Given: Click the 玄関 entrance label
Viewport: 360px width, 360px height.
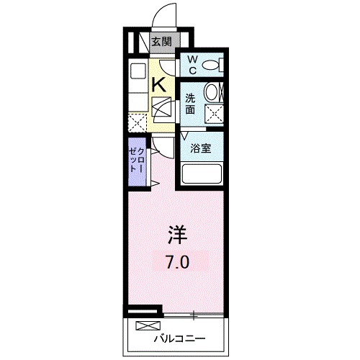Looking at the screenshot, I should [x=161, y=41].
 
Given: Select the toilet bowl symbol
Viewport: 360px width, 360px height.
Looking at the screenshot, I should [x=211, y=66].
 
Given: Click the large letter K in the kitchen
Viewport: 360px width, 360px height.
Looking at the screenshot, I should [x=161, y=85].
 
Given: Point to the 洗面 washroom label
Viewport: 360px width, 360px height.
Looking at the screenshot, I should [x=189, y=104].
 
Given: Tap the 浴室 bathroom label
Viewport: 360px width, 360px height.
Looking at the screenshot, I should [x=200, y=149].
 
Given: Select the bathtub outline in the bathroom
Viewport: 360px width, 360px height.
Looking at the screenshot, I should [x=202, y=174].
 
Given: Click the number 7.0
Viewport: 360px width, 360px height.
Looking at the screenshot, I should [x=179, y=262].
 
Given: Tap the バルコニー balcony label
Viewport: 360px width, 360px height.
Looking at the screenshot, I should [x=179, y=338].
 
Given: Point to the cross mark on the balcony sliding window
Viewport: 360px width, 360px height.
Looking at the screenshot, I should [x=193, y=315].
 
